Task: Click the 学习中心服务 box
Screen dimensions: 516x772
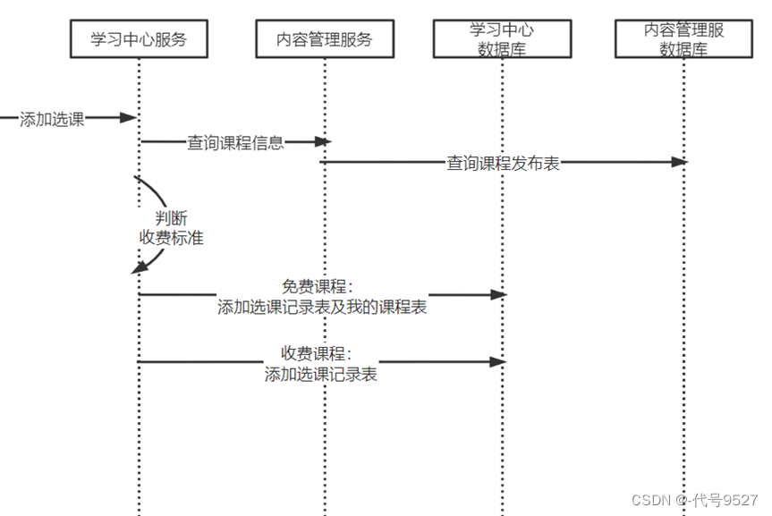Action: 139,39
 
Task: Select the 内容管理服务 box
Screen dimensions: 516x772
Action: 325,39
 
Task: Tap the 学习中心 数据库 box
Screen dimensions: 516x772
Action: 501,39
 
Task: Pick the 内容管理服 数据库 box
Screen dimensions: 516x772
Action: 683,39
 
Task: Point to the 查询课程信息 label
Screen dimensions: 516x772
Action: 235,142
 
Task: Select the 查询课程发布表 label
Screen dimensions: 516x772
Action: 504,164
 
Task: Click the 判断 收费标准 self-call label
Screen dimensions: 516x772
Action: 171,228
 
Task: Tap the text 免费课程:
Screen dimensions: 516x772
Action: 318,287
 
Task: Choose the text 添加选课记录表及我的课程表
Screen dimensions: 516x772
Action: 322,308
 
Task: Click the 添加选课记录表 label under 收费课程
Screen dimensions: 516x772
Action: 320,375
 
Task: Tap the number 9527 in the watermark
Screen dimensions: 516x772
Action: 739,499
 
